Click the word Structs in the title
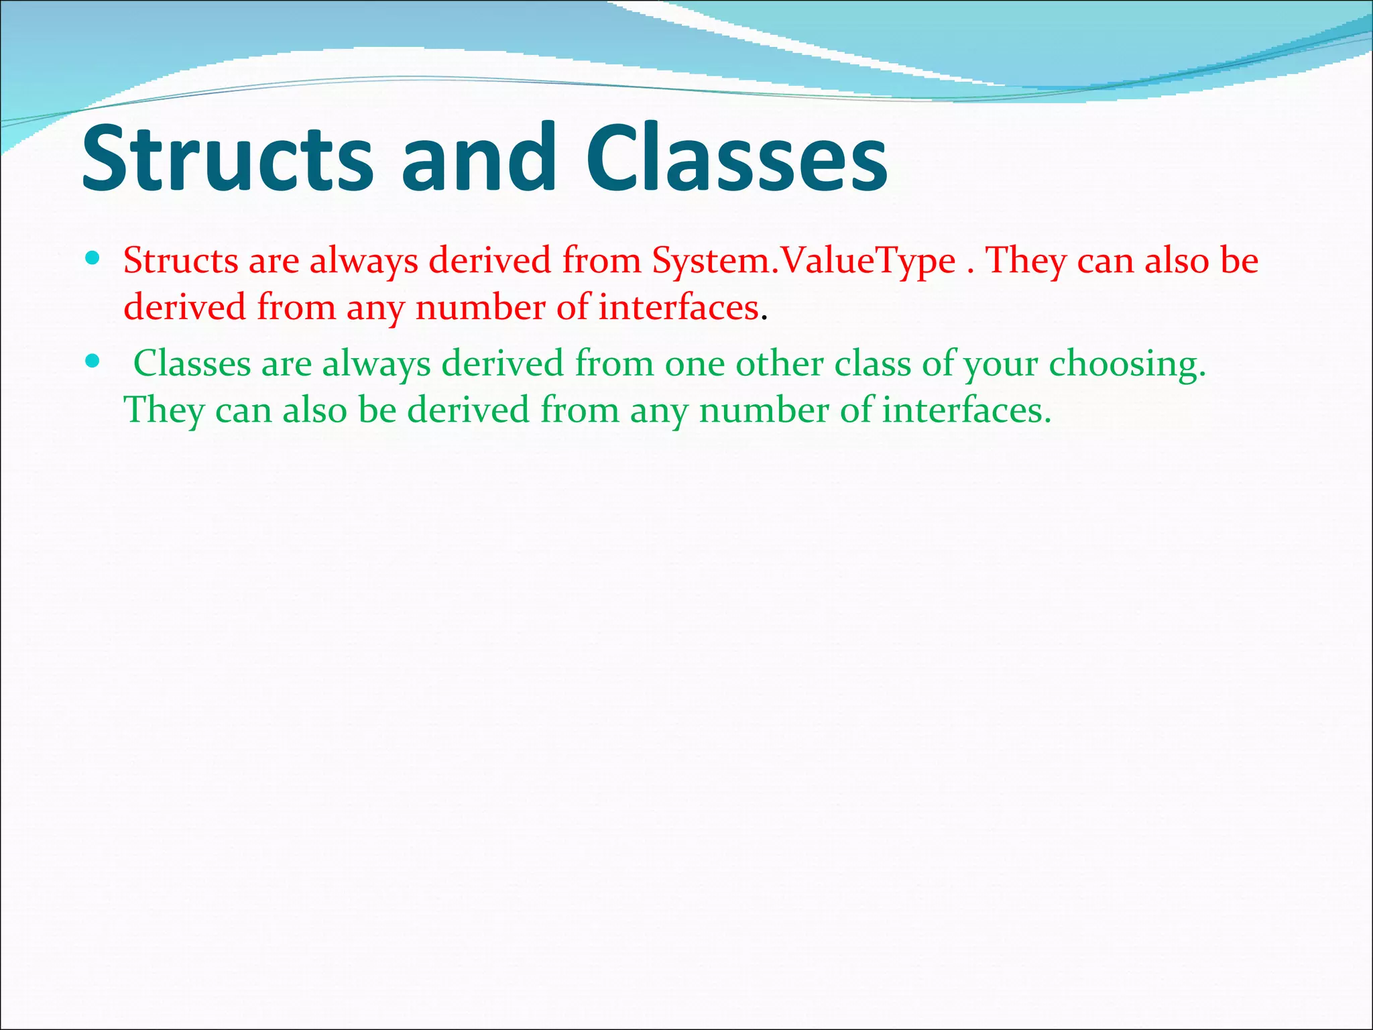point(227,158)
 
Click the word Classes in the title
point(737,158)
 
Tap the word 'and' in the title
point(479,158)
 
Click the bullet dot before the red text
point(93,257)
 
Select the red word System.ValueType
point(804,262)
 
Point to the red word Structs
point(180,260)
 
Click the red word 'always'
point(363,262)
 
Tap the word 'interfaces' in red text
point(678,308)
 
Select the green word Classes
point(192,363)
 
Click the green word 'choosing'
point(1126,365)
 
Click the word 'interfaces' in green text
point(965,410)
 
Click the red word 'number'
point(480,308)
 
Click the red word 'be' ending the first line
point(1239,260)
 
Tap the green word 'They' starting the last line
point(164,410)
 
